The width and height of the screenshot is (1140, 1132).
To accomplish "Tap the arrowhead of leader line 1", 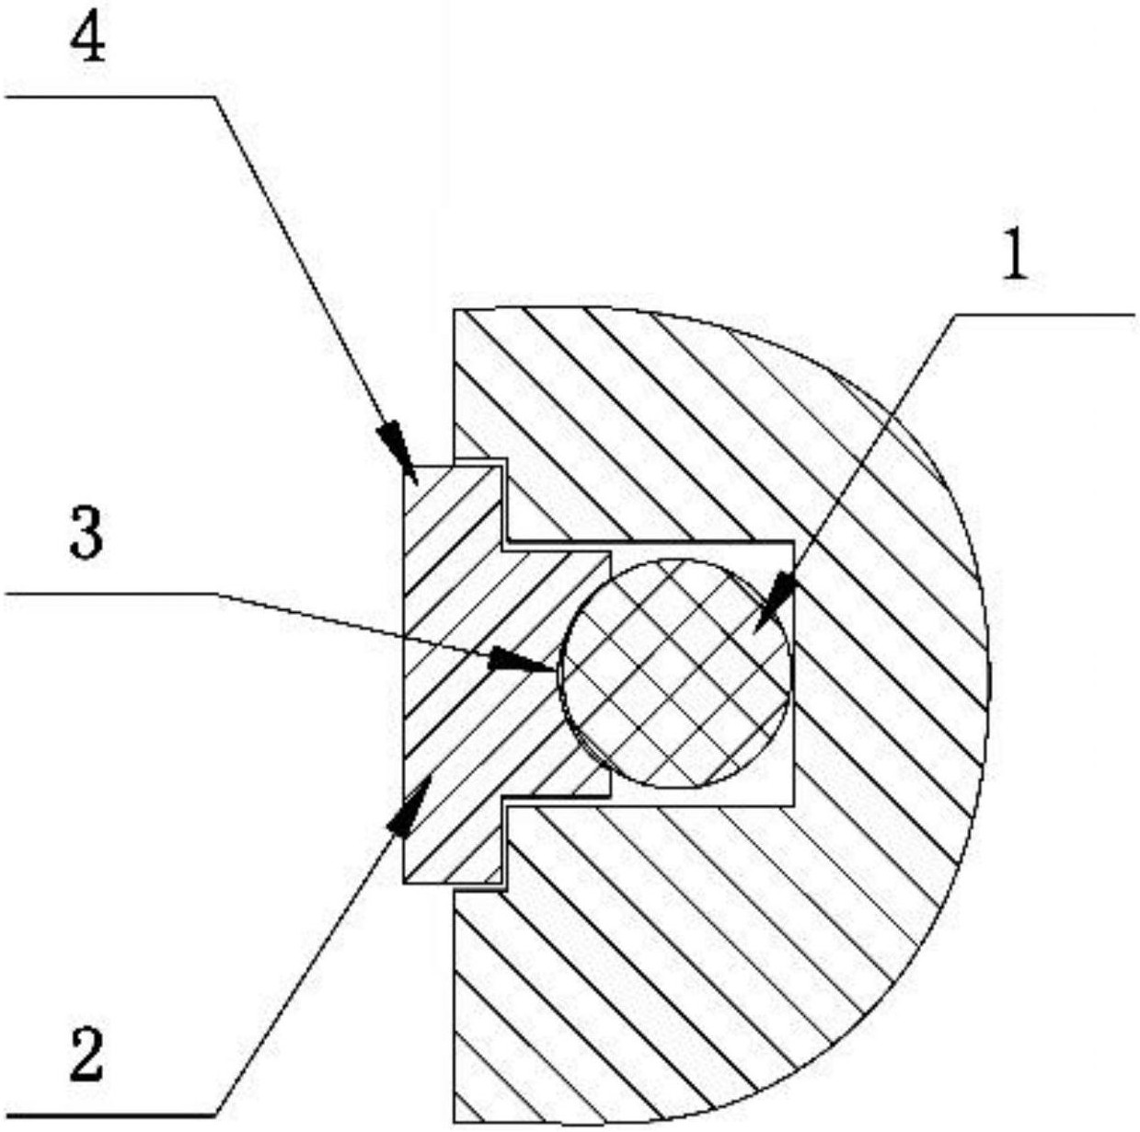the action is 776,604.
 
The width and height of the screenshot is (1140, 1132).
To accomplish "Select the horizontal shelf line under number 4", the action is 109,97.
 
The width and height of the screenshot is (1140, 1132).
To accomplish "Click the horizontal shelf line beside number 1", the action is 1043,316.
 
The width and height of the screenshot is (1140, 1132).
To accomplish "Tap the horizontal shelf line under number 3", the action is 109,593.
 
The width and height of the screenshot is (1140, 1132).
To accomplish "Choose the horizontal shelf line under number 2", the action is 109,1116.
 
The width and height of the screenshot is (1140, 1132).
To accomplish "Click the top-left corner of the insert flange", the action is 404,467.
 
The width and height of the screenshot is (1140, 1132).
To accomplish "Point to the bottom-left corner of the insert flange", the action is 404,884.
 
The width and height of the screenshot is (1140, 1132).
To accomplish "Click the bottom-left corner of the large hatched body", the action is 455,1123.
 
